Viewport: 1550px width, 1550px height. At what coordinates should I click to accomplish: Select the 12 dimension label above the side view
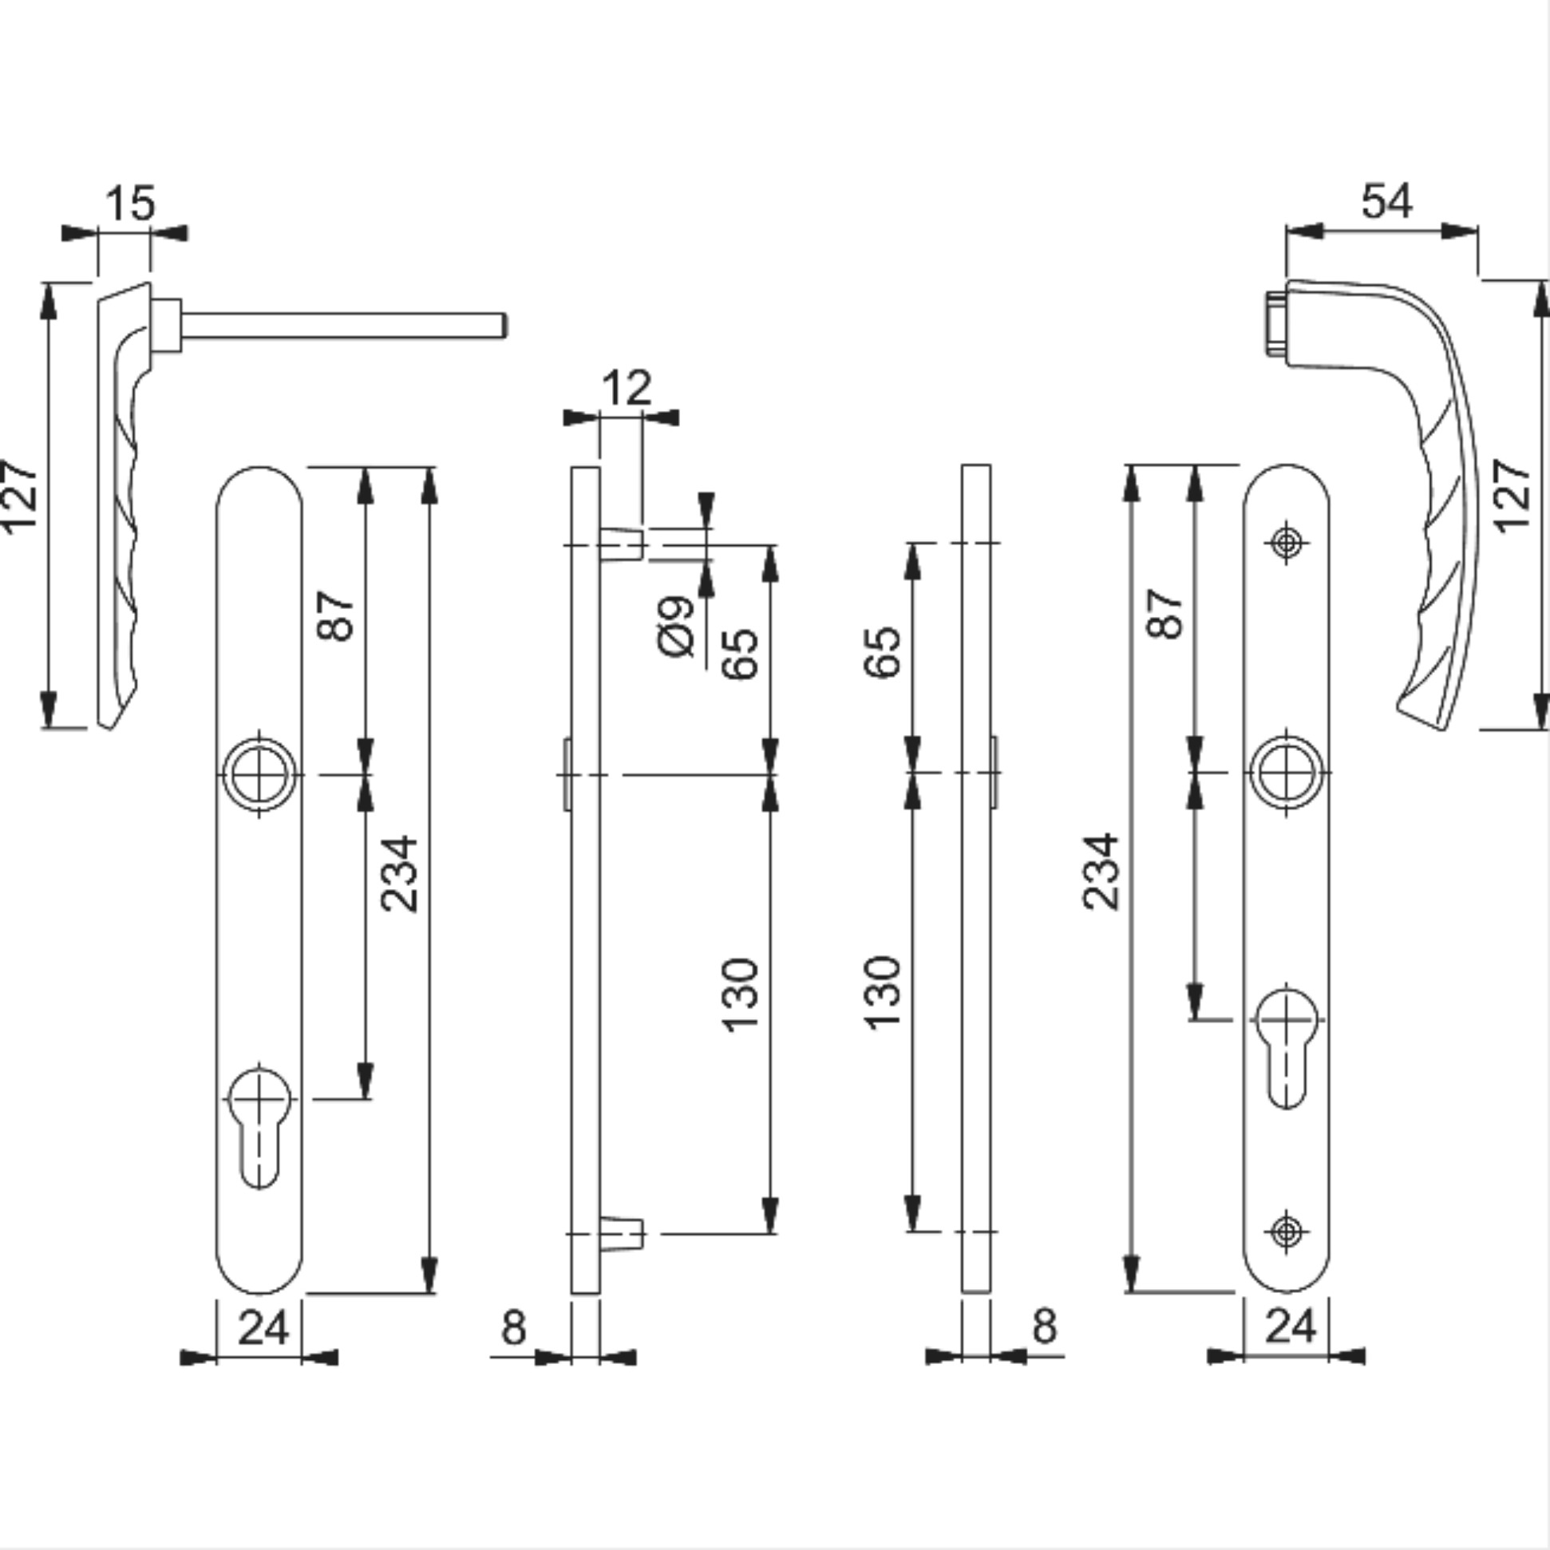pyautogui.click(x=626, y=389)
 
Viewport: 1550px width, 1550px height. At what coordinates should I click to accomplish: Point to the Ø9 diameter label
pyautogui.click(x=675, y=627)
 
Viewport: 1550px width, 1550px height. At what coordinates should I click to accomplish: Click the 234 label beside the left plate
pyautogui.click(x=400, y=875)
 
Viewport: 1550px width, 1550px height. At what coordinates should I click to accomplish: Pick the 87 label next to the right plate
pyautogui.click(x=1166, y=614)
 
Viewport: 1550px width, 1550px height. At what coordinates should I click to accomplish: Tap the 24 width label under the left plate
pyautogui.click(x=263, y=1327)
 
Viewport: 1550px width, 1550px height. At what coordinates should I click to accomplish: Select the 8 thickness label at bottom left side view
pyautogui.click(x=513, y=1327)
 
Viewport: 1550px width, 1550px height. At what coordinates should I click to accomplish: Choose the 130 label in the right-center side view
pyautogui.click(x=884, y=992)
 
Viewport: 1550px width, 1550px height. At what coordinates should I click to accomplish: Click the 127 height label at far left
pyautogui.click(x=19, y=496)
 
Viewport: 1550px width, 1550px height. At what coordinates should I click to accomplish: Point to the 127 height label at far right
pyautogui.click(x=1513, y=495)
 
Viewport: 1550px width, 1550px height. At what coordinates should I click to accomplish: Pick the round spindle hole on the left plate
pyautogui.click(x=259, y=774)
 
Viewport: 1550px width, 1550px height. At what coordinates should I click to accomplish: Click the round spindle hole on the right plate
pyautogui.click(x=1287, y=773)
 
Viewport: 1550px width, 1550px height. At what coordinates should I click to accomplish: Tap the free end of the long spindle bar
pyautogui.click(x=504, y=326)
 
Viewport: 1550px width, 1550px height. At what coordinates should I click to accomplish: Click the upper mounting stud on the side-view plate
pyautogui.click(x=621, y=544)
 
